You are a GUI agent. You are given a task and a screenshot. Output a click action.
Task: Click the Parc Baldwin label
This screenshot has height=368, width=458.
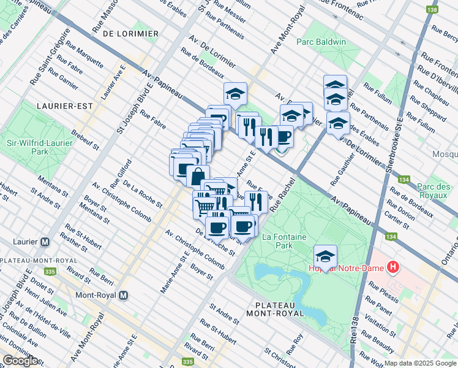click(x=321, y=42)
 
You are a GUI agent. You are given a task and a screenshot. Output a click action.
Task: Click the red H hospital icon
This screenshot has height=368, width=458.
click(x=392, y=268)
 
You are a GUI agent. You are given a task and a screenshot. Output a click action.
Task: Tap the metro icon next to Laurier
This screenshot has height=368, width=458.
click(x=45, y=242)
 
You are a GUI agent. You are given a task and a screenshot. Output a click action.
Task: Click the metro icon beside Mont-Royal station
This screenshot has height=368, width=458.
click(x=123, y=295)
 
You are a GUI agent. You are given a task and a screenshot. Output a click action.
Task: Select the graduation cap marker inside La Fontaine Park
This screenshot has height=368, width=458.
click(x=325, y=256)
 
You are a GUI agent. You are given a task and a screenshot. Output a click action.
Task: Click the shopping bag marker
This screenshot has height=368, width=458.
click(x=198, y=176)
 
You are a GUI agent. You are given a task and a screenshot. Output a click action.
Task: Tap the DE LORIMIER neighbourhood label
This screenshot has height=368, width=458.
click(x=131, y=33)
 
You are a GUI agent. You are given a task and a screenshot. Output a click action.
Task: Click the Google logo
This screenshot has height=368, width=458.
click(x=20, y=361)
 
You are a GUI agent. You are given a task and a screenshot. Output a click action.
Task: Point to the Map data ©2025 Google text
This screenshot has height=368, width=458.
click(x=420, y=363)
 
